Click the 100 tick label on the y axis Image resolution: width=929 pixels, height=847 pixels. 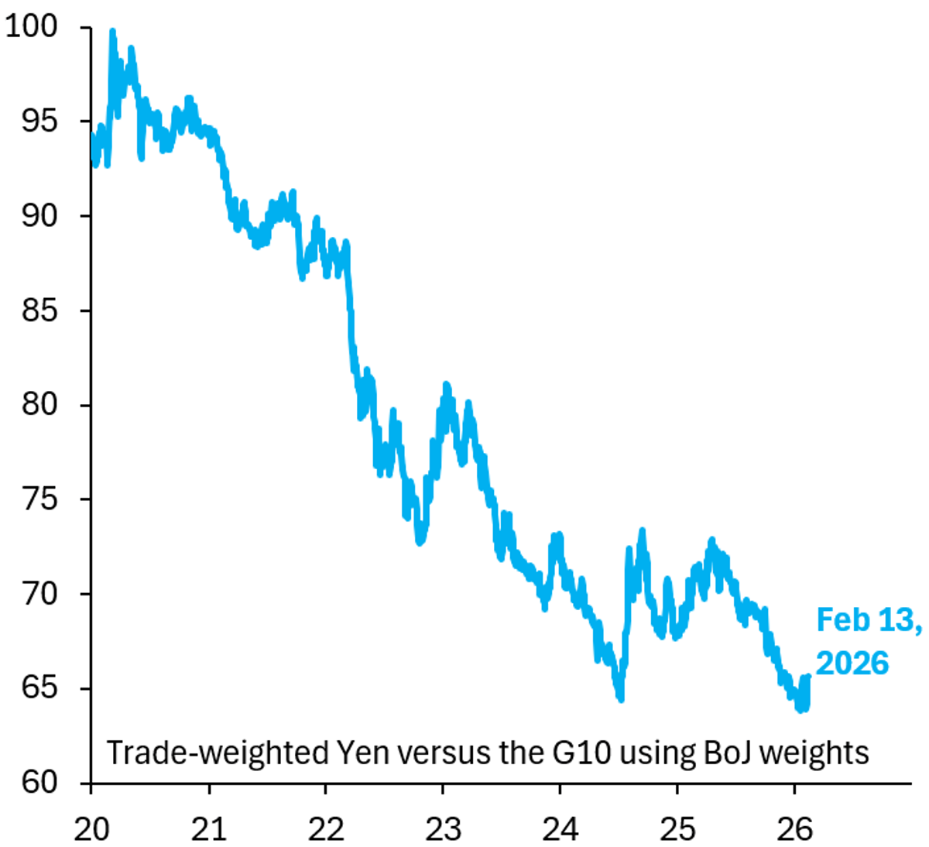click(x=31, y=27)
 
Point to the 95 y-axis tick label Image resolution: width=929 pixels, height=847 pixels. click(x=39, y=122)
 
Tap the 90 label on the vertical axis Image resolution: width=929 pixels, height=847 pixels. click(x=39, y=216)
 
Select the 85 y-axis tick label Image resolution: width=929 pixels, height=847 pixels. click(x=39, y=310)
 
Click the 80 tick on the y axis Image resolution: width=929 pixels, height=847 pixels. click(x=39, y=405)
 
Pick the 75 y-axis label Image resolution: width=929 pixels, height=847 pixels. click(x=39, y=499)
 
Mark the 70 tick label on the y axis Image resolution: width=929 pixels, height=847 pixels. click(x=39, y=594)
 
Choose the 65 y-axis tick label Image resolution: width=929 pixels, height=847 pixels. click(x=39, y=688)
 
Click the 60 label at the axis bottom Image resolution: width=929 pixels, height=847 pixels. click(x=39, y=783)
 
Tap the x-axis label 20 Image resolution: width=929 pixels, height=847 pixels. click(x=91, y=828)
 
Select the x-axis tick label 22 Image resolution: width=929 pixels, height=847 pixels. click(x=326, y=828)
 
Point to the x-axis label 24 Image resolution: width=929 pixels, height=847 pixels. click(x=560, y=828)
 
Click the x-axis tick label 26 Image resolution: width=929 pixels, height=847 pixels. click(x=794, y=828)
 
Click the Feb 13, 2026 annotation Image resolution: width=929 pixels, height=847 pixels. click(x=867, y=642)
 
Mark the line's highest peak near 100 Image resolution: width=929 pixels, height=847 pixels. click(x=112, y=32)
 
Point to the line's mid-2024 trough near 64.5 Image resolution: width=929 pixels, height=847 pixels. click(x=621, y=699)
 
